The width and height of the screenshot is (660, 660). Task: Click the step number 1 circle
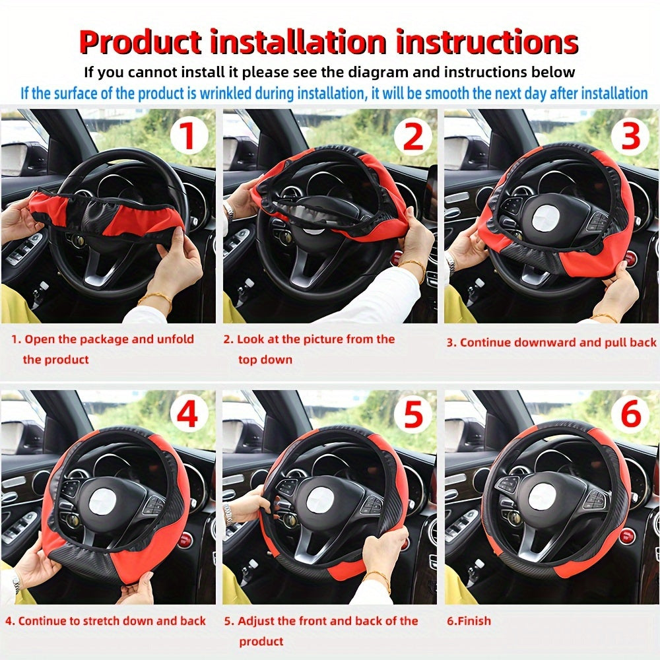188,137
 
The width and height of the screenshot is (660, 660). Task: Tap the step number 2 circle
412,137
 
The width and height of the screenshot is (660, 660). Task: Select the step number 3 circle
631,137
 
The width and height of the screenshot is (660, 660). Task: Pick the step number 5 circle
412,416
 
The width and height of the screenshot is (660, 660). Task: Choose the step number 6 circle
631,416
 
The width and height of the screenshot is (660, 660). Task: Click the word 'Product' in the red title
140,42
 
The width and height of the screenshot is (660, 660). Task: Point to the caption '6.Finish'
469,621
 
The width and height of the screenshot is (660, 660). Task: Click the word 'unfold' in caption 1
175,339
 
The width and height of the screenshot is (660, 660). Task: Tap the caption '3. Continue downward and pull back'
552,342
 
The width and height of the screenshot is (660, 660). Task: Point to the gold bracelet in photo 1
154,299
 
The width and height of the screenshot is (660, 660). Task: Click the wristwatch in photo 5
229,511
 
